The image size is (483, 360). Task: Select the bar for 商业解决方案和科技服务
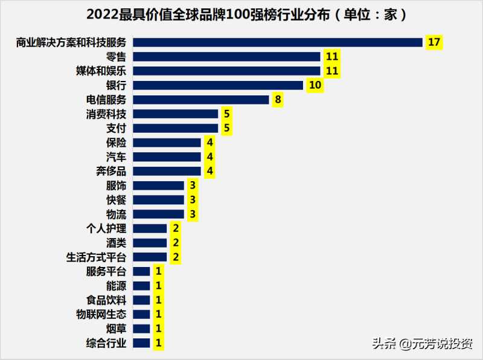point(277,42)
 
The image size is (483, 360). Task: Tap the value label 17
point(433,42)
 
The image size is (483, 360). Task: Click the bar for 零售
point(226,57)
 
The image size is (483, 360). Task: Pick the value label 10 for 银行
point(315,85)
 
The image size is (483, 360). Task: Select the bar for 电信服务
point(200,100)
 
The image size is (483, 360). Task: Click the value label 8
point(277,100)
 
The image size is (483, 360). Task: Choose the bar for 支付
point(175,128)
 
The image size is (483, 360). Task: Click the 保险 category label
point(116,143)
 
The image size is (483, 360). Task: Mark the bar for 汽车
point(167,157)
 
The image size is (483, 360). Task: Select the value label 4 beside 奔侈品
point(209,171)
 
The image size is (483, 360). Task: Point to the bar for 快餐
point(158,200)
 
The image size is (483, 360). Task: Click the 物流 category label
point(116,214)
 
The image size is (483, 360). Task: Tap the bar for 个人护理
point(150,228)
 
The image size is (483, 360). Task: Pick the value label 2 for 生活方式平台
point(175,257)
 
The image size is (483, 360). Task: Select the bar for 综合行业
point(141,343)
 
